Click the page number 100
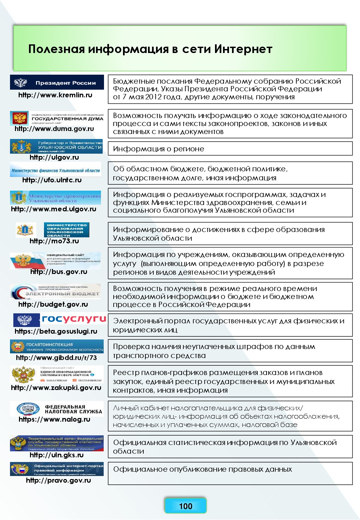click(185, 506)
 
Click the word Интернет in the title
click(243, 49)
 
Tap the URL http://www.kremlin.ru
click(55, 95)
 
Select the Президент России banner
click(57, 82)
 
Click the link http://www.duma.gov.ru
click(54, 129)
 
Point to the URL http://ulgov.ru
click(54, 157)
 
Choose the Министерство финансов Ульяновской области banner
click(56, 170)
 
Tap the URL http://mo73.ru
click(54, 241)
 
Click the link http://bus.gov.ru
click(59, 272)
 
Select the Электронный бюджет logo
click(56, 292)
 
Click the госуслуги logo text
click(74, 319)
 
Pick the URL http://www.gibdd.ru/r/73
click(56, 358)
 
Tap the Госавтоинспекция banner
click(57, 347)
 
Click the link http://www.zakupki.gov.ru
click(56, 388)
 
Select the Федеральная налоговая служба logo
click(57, 409)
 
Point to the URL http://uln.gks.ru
click(57, 455)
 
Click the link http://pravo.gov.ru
click(58, 480)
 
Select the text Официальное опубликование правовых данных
click(202, 469)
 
